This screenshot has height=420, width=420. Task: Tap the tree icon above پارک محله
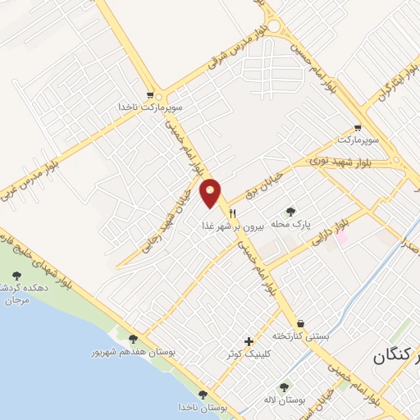pos(292,210)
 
